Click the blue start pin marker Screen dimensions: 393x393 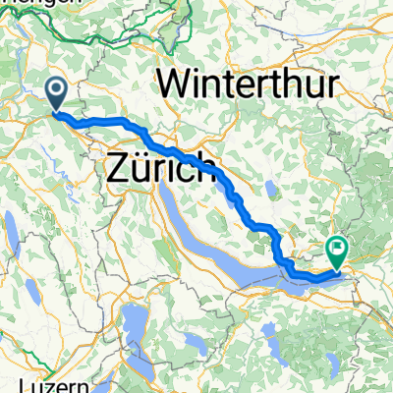coord(58,94)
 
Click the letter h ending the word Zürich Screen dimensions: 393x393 coord(205,173)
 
